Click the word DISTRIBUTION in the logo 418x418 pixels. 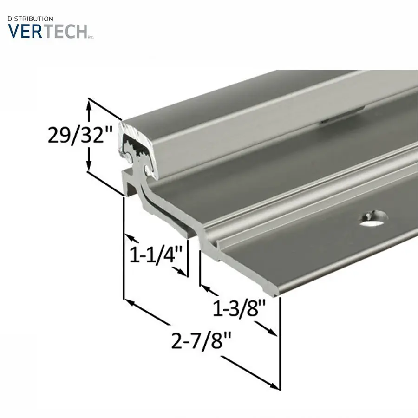[31, 19]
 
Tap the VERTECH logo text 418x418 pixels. [47, 31]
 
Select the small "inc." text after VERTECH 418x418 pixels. [91, 37]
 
